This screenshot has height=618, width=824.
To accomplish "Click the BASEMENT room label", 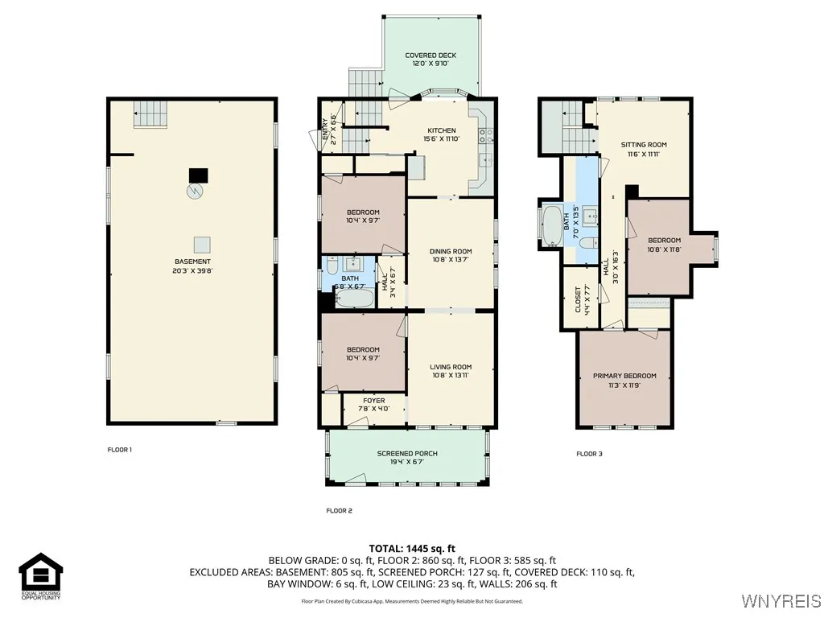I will pos(193,262).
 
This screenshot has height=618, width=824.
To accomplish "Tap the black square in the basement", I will pos(198,175).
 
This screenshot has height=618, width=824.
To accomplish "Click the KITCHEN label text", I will pos(441,130).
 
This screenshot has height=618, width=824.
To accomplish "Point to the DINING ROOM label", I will pos(451,251).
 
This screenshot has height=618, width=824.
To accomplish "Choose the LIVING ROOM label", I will pos(451,367).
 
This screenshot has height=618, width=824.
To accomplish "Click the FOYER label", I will pos(374,400).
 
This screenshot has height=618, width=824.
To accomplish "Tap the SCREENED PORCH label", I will pos(406,453).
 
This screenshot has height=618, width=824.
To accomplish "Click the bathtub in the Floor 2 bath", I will pos(352,299).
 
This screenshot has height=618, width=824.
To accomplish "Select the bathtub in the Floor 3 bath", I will pos(553,225).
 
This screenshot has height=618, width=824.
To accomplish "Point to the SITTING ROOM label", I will pos(644,145).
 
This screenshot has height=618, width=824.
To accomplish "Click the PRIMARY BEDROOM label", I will pos(624,376).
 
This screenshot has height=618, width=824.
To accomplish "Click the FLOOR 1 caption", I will pos(119,450).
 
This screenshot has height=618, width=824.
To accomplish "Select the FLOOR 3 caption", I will pos(589,454).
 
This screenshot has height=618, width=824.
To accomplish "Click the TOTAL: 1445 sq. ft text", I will pos(412,548).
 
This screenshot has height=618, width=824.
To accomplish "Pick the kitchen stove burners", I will pos(485,136).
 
